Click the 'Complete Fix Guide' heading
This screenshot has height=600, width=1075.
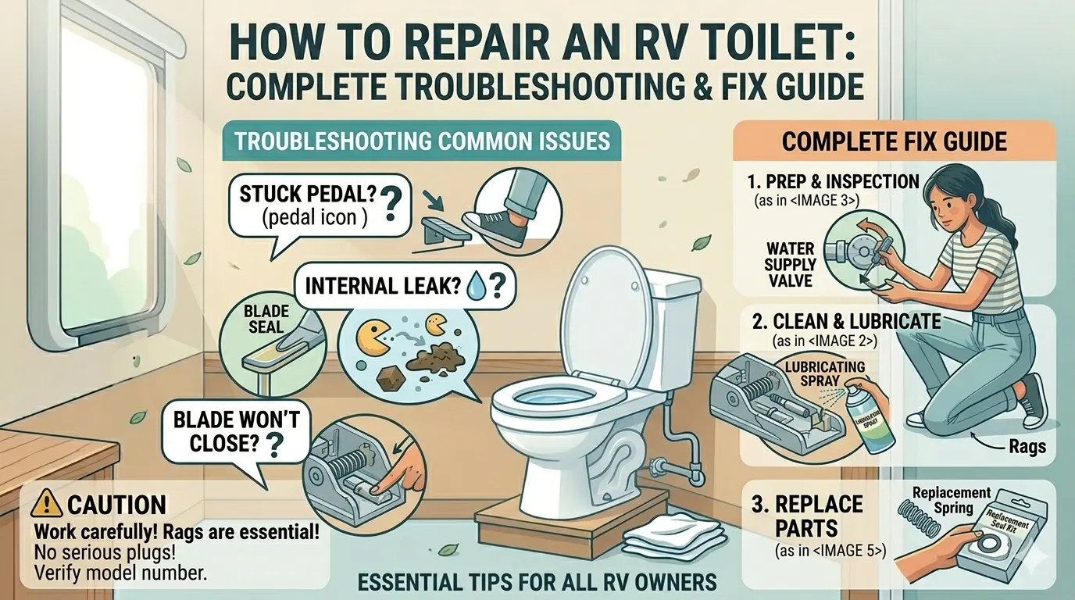[895, 142]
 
